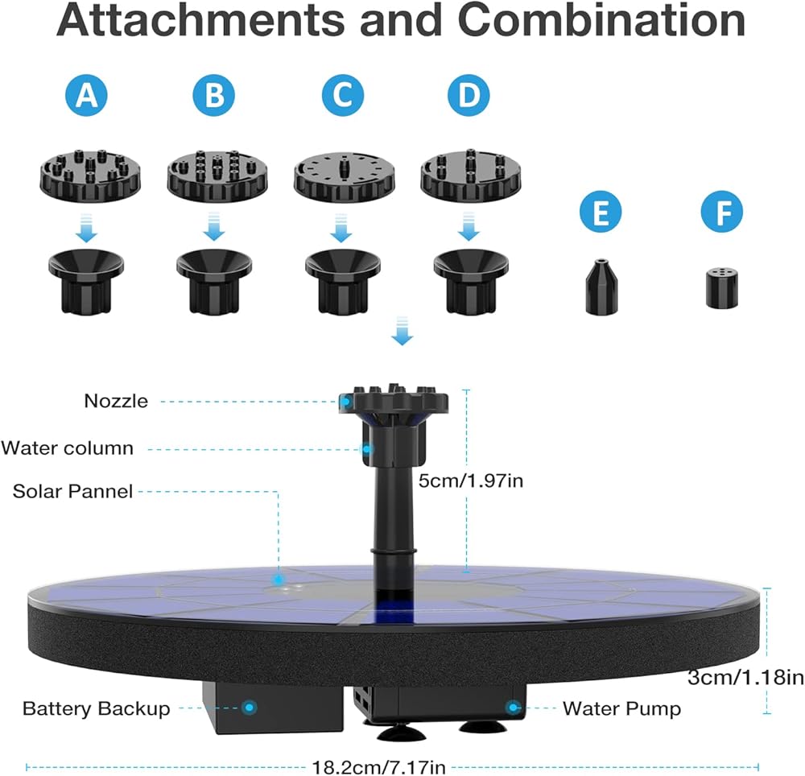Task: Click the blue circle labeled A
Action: (86, 95)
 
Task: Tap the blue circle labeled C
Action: (343, 95)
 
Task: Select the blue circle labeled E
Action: (601, 212)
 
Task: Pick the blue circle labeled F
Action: (722, 212)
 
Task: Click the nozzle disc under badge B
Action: (217, 175)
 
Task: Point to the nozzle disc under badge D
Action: (470, 175)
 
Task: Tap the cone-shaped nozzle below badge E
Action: (601, 287)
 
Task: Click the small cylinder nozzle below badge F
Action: (722, 288)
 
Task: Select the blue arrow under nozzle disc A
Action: (86, 228)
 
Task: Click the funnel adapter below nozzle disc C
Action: (342, 281)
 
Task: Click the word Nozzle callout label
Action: (116, 401)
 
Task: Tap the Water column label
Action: (68, 448)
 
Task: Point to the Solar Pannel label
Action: (72, 491)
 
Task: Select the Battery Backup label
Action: (96, 708)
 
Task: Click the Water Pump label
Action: (622, 708)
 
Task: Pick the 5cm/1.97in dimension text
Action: (471, 481)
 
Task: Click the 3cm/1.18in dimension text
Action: (746, 678)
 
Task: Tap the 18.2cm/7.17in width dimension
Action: (379, 767)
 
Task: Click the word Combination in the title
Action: (601, 21)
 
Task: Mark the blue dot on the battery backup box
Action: (250, 708)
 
